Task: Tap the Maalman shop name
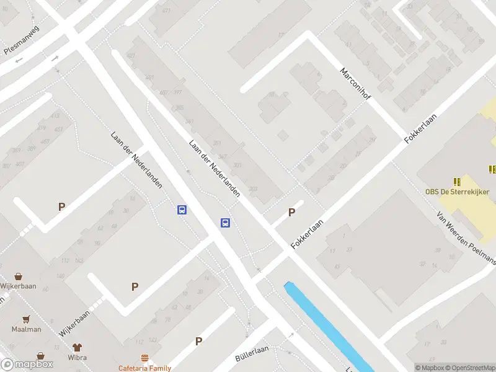tap(26, 329)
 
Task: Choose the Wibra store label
tap(77, 358)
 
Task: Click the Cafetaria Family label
tap(145, 368)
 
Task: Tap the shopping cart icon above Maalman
tap(26, 319)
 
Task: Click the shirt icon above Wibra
tap(77, 347)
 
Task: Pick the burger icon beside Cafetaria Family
tap(145, 358)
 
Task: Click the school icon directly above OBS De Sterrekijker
tap(458, 182)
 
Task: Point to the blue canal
tap(329, 325)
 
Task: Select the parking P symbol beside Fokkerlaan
tap(291, 213)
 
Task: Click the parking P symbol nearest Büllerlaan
tap(199, 341)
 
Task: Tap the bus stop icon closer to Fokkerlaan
tap(225, 223)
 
